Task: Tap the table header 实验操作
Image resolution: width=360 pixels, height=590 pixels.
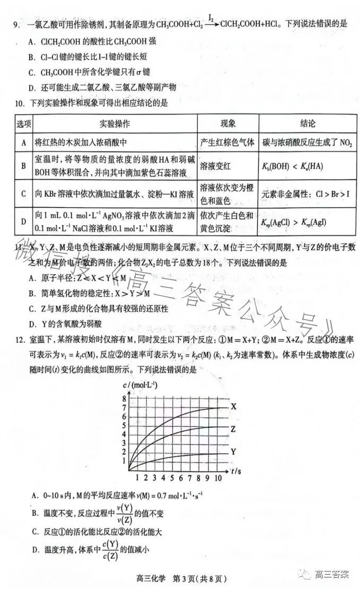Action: point(115,124)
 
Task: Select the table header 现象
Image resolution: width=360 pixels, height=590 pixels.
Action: point(227,124)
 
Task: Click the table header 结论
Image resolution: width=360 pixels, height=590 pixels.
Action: point(308,124)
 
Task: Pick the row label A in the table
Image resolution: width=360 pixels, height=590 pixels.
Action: point(23,143)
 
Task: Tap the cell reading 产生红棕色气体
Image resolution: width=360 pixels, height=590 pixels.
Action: point(227,143)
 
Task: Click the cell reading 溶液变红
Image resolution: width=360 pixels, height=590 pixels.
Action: point(212,166)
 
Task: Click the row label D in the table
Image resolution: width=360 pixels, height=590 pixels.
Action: point(23,222)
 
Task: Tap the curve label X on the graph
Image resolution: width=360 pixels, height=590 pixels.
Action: point(233,407)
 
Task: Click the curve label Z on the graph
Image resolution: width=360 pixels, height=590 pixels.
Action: point(233,429)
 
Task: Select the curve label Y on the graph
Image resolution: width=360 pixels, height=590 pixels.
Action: point(233,452)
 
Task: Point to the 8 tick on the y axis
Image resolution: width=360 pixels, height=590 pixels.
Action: point(124,398)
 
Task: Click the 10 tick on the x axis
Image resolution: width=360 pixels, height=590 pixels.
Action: point(217,478)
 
